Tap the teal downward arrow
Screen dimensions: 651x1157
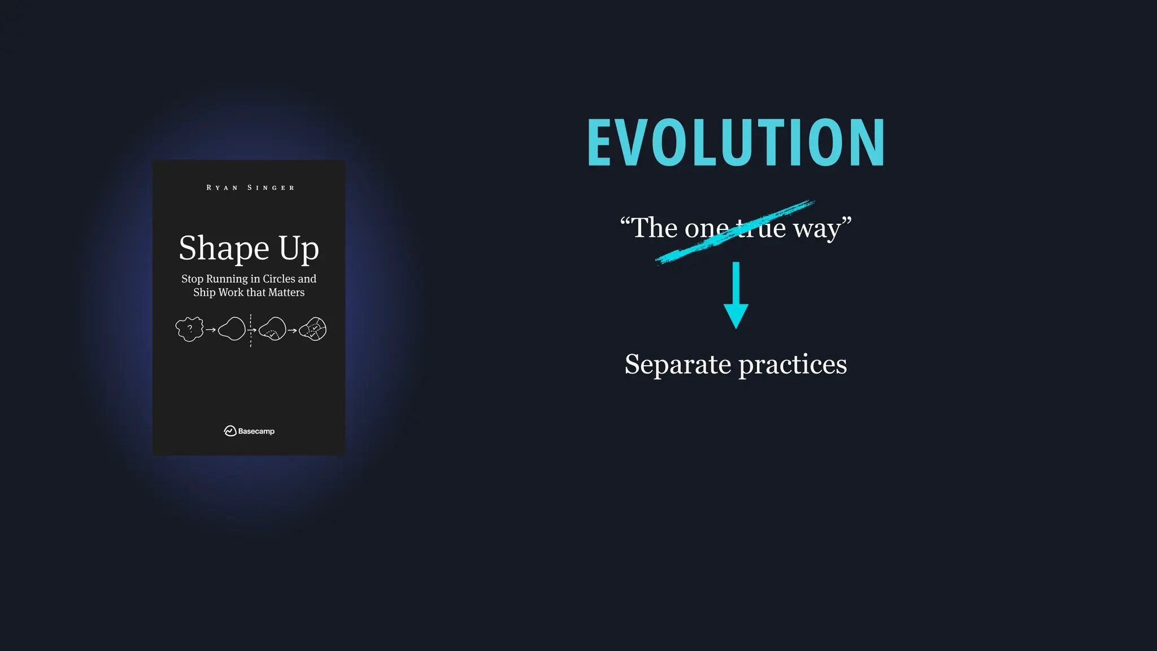tap(736, 297)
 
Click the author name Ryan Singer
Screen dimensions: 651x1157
tap(250, 188)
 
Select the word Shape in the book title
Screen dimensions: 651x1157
tap(224, 249)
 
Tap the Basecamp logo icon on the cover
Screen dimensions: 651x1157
tap(230, 431)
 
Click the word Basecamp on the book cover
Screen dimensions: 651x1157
tap(256, 431)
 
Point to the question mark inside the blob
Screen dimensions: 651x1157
tap(190, 328)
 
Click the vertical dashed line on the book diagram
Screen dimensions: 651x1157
tap(251, 339)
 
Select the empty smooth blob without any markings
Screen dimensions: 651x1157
tap(232, 329)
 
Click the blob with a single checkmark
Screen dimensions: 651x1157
tap(273, 329)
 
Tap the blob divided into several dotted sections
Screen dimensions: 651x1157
tap(313, 329)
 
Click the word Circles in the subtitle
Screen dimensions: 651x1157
tap(279, 279)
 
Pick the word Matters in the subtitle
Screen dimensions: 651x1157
tap(286, 292)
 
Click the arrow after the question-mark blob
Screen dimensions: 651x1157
tap(211, 330)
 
